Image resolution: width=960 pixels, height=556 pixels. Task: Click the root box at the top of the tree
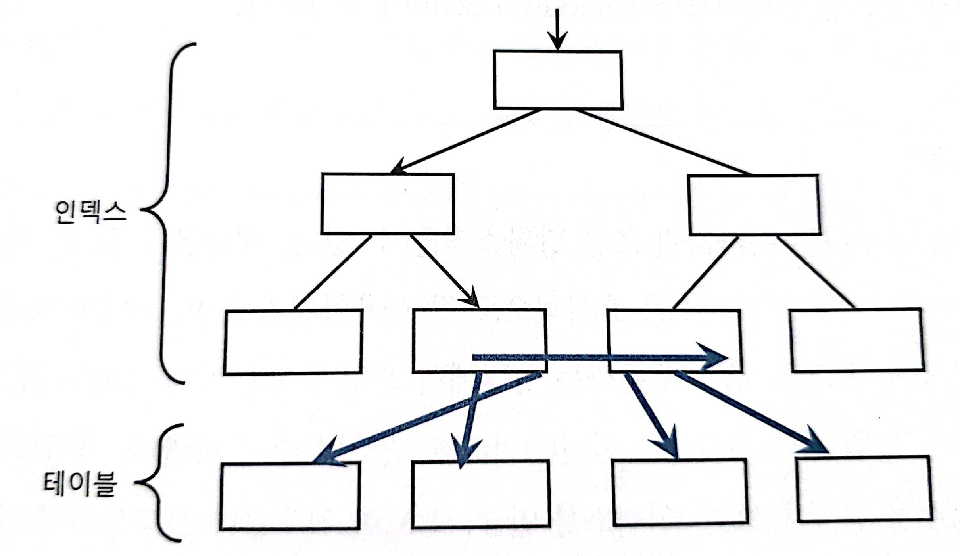pos(558,80)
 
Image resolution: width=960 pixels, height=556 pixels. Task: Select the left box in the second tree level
pos(388,204)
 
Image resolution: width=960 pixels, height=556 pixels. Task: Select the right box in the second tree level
pos(754,205)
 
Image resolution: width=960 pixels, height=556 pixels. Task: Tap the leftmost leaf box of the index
pos(293,341)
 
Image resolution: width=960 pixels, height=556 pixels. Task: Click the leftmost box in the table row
pos(290,496)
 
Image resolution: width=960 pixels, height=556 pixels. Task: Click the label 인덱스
pos(90,212)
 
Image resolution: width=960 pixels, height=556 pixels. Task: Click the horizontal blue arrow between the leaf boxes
pos(595,358)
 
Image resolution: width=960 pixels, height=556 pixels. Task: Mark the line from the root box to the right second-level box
pos(662,142)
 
